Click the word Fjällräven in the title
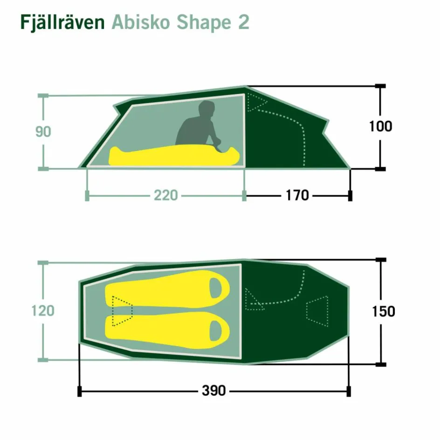pos(62,22)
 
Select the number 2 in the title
pos(243,22)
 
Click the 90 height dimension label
pos(43,132)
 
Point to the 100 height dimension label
pos(380,126)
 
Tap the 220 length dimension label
pos(166,195)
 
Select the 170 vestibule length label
pos(297,195)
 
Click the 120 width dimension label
pos(43,310)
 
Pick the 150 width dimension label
pos(383,311)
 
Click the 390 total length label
pos(214,391)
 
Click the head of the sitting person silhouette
pos(206,110)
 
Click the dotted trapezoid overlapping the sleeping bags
pos(122,310)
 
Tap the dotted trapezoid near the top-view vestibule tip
pos(318,310)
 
